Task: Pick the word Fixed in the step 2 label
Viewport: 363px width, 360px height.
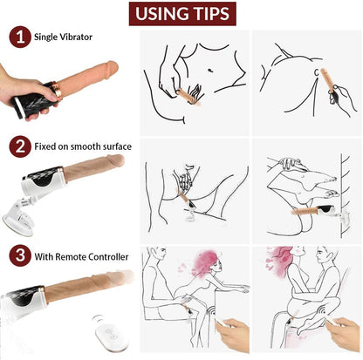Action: coord(47,146)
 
